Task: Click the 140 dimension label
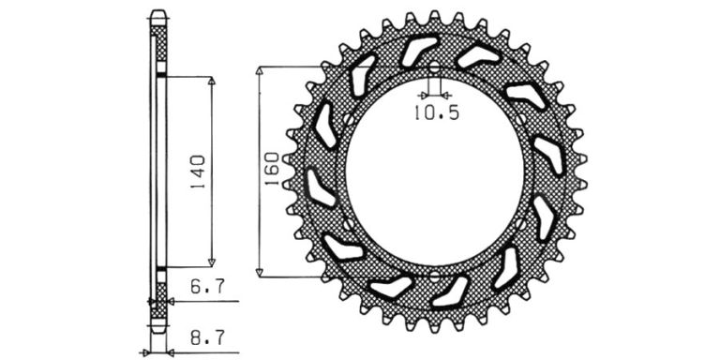pos(199,173)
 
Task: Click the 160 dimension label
pos(272,169)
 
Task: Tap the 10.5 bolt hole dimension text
pos(437,112)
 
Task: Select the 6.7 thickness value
pos(207,287)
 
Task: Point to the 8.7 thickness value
pos(207,338)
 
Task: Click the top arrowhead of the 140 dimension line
pos(212,81)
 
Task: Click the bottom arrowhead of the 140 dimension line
pos(212,262)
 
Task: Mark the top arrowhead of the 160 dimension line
pos(260,70)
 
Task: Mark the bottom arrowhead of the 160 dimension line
pos(260,272)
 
